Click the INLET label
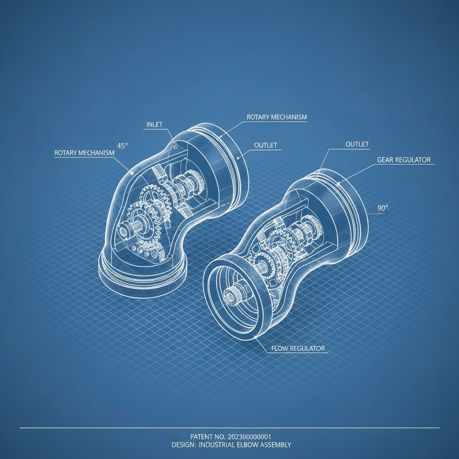155,124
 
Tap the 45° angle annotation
122,146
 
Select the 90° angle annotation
382,208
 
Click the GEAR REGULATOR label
404,160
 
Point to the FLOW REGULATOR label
298,348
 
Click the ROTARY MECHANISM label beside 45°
84,153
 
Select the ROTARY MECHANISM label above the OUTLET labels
277,117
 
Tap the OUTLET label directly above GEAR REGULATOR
357,144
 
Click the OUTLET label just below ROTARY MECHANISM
265,146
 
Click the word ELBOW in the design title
252,445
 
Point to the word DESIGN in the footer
183,445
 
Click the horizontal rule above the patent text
229,428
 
